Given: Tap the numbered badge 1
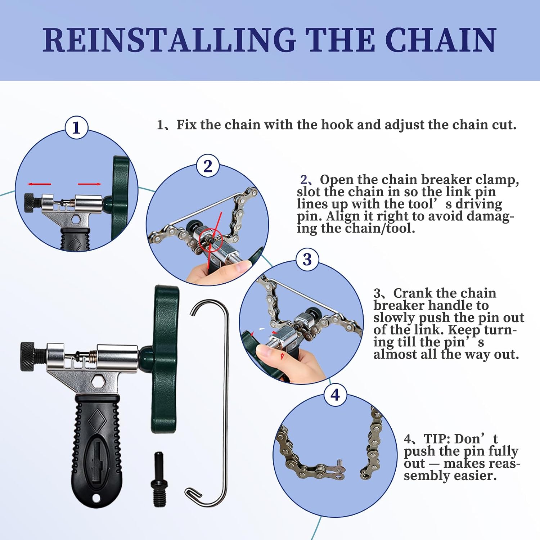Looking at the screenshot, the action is [x=76, y=127].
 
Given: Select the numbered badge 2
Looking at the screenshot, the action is [x=208, y=166].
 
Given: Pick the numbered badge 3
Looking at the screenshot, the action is [x=307, y=259].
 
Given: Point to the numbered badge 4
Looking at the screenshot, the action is [x=335, y=395].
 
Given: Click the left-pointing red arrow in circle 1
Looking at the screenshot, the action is [x=39, y=184].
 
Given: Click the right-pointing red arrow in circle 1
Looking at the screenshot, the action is [x=90, y=184].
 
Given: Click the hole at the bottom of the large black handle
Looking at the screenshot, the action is [x=96, y=498].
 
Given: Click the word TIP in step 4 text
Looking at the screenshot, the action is [x=437, y=439].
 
